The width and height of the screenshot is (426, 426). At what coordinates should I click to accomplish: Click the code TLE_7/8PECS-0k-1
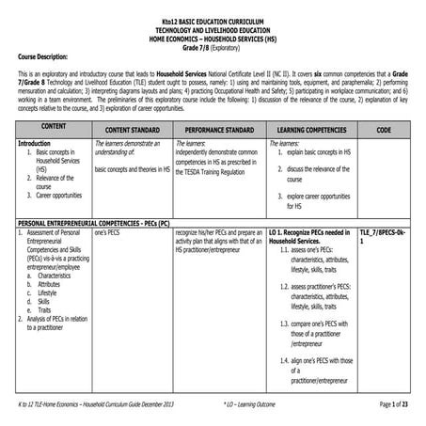click(x=382, y=240)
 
